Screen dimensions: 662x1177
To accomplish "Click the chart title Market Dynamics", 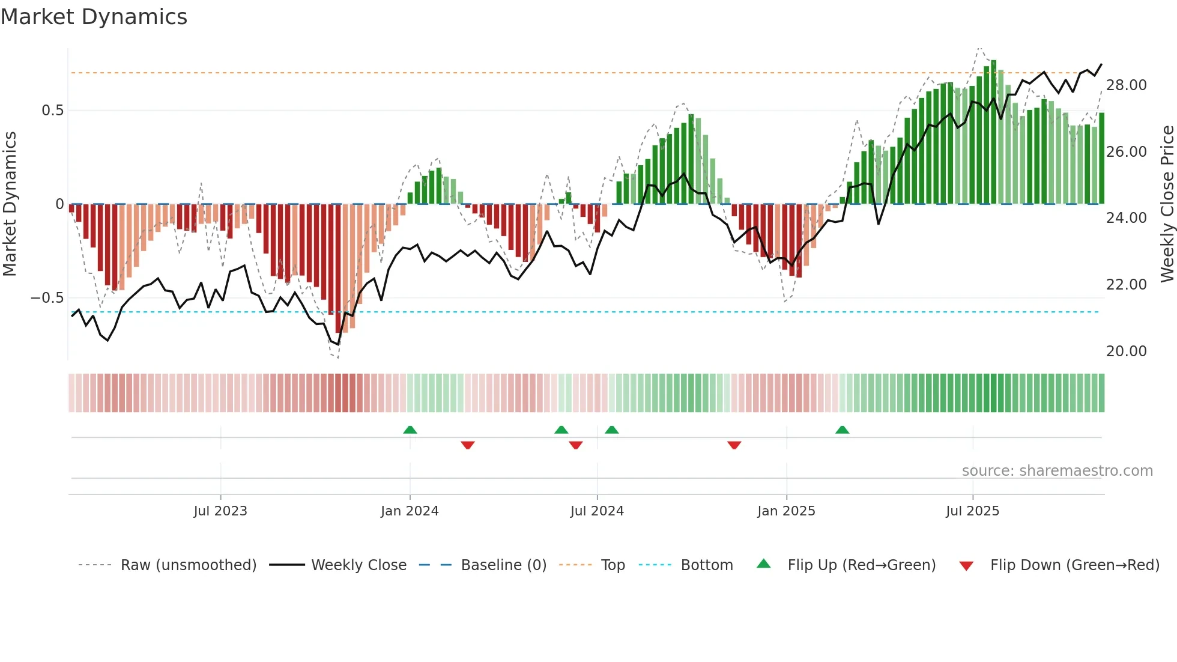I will (x=94, y=17).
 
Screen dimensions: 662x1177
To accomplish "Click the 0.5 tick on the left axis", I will (x=52, y=111).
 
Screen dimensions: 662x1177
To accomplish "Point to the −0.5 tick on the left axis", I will (x=47, y=298).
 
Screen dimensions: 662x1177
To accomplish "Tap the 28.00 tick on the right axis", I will (x=1126, y=85).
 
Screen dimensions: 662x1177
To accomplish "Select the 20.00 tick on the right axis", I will (x=1126, y=351).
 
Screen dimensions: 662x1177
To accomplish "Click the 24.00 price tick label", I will (x=1126, y=218).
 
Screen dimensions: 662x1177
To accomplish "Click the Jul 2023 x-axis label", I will (x=220, y=511).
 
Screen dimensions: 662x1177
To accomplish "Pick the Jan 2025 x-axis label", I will (x=786, y=511).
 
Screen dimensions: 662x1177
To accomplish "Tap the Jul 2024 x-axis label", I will (x=597, y=511).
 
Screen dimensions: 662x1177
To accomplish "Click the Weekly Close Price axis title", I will (x=1167, y=204).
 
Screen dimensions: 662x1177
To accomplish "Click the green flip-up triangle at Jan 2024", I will (x=410, y=430).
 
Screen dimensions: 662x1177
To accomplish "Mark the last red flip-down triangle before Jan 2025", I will (x=734, y=445).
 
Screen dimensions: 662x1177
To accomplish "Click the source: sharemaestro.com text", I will (x=1057, y=471).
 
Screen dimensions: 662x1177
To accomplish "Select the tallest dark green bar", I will (x=993, y=132).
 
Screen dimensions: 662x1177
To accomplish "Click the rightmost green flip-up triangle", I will (x=842, y=430).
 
